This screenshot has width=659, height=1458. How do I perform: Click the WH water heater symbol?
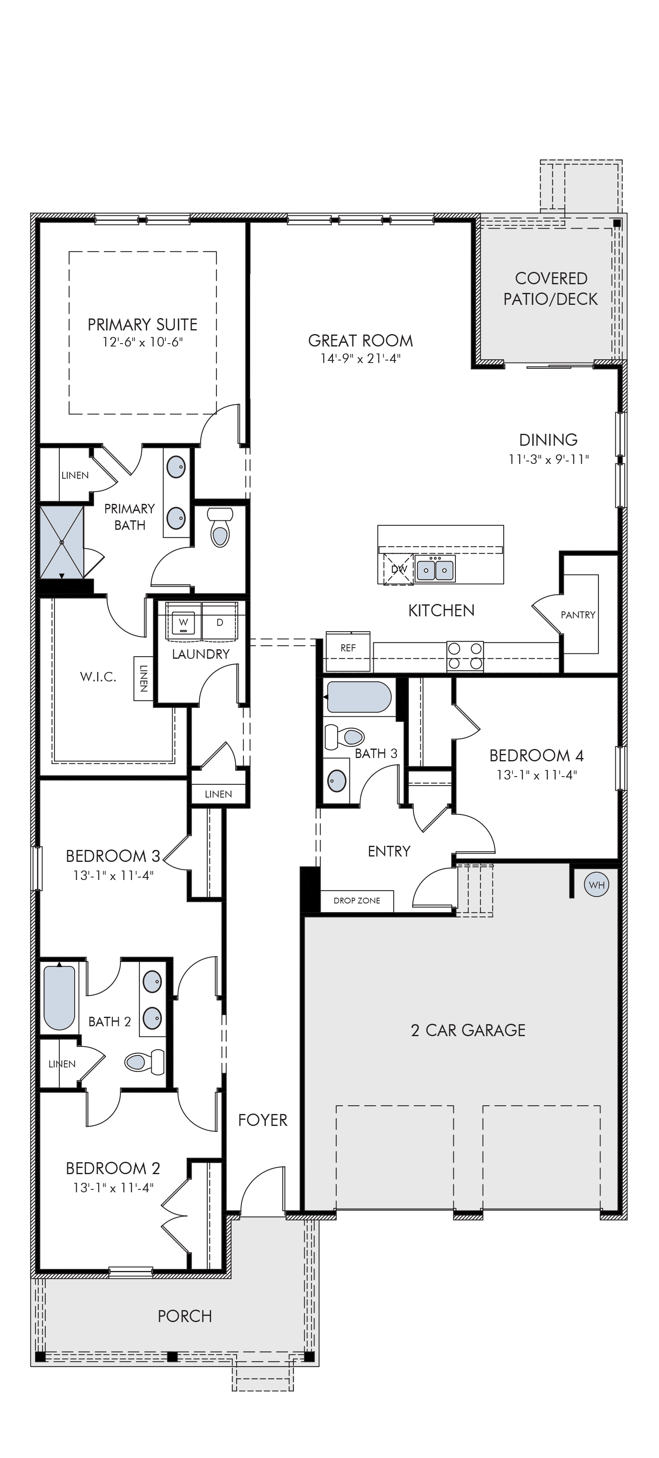tap(597, 885)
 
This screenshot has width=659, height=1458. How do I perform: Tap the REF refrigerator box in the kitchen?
tap(348, 651)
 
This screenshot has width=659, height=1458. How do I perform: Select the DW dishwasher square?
tap(399, 568)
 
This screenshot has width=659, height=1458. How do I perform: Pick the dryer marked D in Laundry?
tap(220, 622)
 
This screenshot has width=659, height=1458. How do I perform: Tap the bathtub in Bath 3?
tap(359, 697)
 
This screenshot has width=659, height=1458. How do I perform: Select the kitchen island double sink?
tap(435, 568)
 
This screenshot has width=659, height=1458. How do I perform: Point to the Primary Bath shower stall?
tap(61, 542)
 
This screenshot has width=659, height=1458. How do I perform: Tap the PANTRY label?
tap(578, 615)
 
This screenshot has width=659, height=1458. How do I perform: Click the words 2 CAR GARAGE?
tap(468, 1030)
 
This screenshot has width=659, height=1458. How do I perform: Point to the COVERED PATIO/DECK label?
tap(551, 289)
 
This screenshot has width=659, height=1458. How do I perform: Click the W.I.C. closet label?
tap(98, 677)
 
